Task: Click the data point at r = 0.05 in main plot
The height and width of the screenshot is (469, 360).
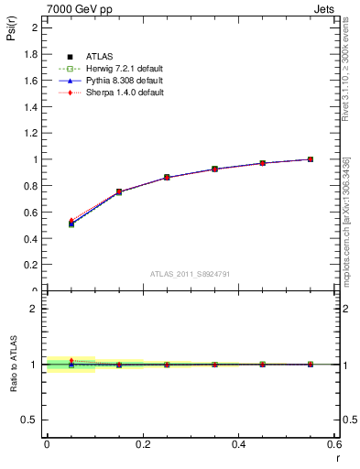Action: click(x=71, y=224)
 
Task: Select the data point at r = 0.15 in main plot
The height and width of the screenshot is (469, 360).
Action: click(x=119, y=192)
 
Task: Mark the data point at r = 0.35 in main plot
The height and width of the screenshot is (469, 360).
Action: click(x=215, y=169)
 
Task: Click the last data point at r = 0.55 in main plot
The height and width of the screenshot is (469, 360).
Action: click(x=311, y=159)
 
